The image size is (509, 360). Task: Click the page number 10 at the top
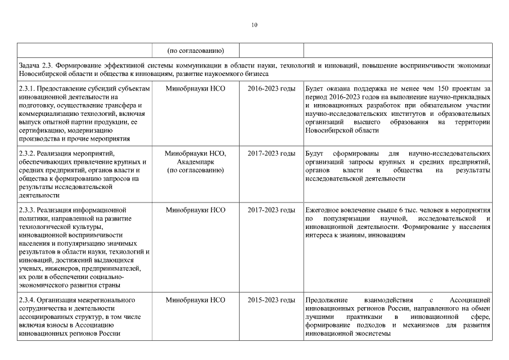254,25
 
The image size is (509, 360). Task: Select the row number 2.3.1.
28,89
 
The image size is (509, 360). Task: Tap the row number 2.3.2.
28,154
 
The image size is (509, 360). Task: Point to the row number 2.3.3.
28,210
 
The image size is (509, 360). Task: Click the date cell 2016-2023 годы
271,89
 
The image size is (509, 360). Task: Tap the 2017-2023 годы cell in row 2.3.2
271,154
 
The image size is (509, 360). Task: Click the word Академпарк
195,162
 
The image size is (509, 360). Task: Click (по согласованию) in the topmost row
195,49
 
